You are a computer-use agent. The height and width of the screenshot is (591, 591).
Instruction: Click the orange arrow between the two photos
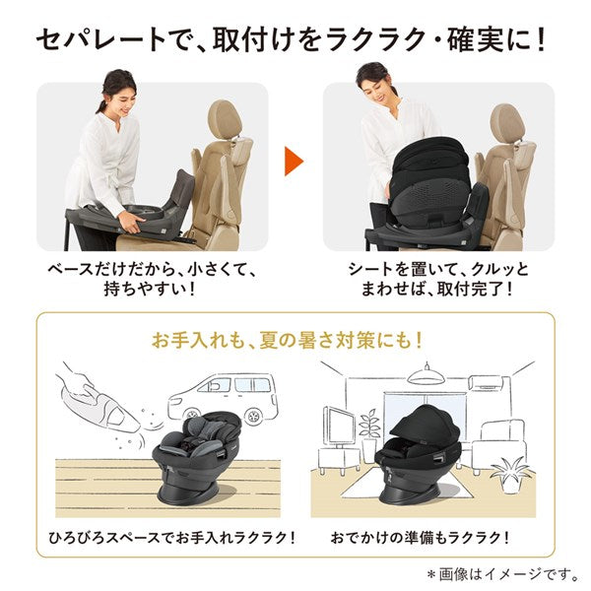(x=294, y=162)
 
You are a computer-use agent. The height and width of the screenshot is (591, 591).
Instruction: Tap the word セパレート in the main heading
(x=100, y=39)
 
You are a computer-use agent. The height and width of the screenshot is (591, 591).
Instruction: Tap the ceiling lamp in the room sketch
(x=427, y=375)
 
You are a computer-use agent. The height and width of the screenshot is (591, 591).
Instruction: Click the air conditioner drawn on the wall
(x=490, y=382)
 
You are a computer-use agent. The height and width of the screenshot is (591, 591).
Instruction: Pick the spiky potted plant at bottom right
(x=510, y=474)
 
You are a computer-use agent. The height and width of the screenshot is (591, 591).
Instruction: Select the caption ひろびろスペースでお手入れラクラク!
(x=171, y=537)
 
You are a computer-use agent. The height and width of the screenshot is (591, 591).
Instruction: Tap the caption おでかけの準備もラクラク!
(x=421, y=537)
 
